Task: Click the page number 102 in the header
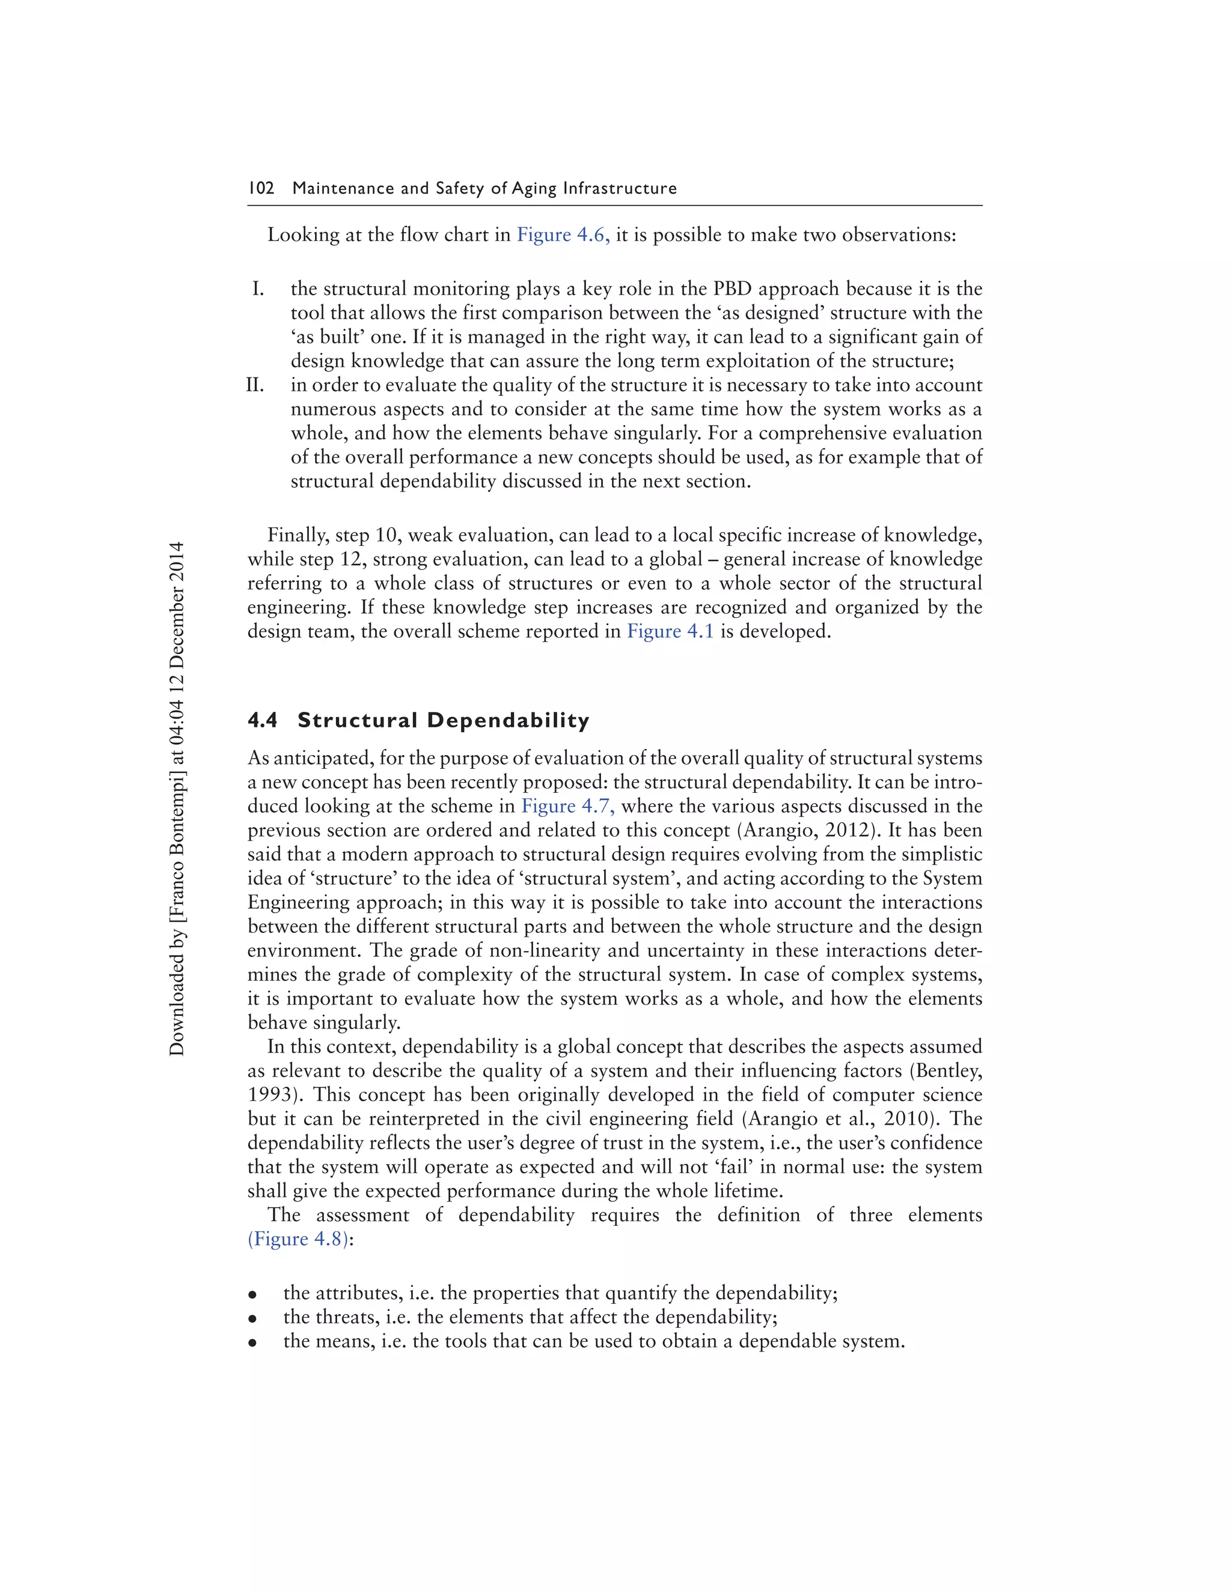click(261, 188)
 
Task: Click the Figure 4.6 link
click(562, 235)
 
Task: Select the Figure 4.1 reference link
click(670, 631)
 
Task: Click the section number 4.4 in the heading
click(263, 721)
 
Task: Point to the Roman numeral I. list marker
click(258, 289)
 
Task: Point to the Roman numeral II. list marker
click(255, 385)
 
